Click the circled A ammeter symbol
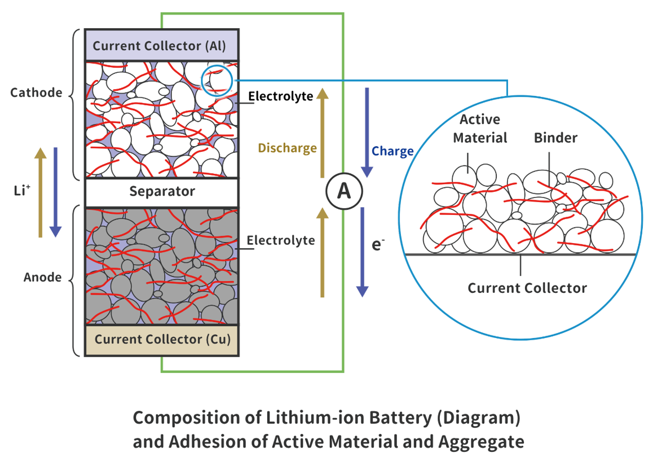click(x=343, y=192)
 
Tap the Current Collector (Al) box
click(x=161, y=46)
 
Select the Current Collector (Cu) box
click(x=161, y=340)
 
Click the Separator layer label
click(x=162, y=191)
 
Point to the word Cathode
click(x=36, y=93)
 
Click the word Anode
click(x=43, y=278)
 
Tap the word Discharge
click(x=287, y=148)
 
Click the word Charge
click(x=392, y=151)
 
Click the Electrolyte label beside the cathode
click(x=281, y=96)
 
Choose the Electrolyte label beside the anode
click(x=281, y=241)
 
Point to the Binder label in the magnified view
click(x=555, y=138)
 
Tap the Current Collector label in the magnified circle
click(x=527, y=288)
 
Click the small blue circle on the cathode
click(x=217, y=80)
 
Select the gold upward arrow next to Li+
click(x=40, y=192)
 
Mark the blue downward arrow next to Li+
click(x=55, y=192)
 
